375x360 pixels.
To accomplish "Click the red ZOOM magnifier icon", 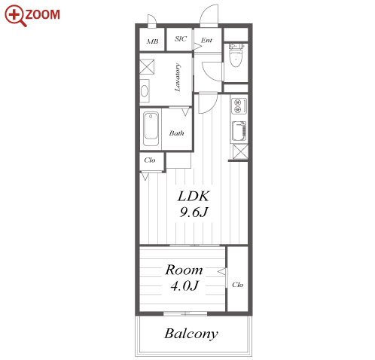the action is tap(16, 16).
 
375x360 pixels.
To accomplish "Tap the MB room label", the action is tap(152, 41).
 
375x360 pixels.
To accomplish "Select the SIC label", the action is tap(181, 38).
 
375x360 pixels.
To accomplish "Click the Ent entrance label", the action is tap(206, 40).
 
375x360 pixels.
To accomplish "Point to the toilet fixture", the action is tap(236, 55).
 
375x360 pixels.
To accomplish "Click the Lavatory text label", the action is tap(178, 78).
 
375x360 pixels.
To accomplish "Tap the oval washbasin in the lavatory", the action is tap(145, 91).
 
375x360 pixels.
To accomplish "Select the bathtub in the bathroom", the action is tap(151, 129).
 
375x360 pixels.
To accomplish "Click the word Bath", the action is tap(176, 133).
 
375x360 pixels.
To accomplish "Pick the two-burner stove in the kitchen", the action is tap(239, 106).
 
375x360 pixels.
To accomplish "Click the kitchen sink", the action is tap(239, 131).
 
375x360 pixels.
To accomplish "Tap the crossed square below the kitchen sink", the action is tap(240, 151).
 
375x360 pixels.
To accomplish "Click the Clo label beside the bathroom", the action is tap(150, 160).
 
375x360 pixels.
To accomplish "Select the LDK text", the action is tap(194, 196).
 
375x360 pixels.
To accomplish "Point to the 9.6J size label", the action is tap(194, 212).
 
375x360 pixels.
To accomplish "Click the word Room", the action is tap(184, 270).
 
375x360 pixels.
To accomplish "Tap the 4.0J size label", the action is tap(184, 285).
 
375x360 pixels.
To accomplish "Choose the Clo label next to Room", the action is tap(237, 285).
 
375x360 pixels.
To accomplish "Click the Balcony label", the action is tap(191, 334).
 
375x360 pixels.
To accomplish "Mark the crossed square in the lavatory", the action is tap(147, 66).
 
